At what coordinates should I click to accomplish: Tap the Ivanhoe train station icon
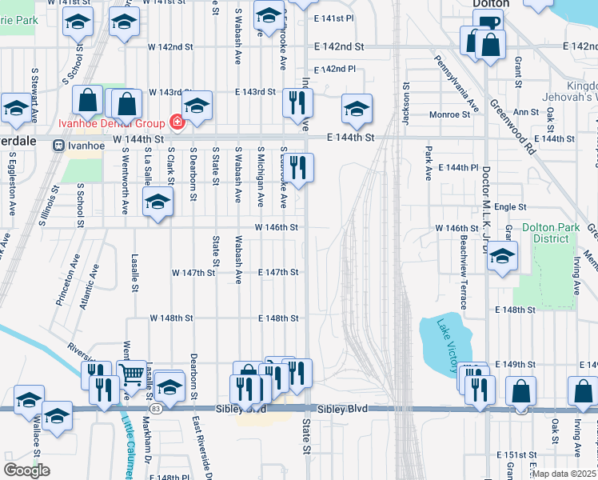click(x=58, y=145)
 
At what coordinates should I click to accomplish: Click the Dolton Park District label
click(x=550, y=233)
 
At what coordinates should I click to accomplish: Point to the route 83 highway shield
click(x=155, y=409)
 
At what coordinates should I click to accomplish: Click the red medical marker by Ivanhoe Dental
click(x=176, y=123)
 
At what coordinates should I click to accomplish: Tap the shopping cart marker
click(x=132, y=373)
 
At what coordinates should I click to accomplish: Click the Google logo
click(x=26, y=470)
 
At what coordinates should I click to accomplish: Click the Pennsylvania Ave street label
click(x=456, y=82)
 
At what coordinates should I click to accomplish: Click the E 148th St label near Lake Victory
click(x=514, y=310)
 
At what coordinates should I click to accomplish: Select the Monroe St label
click(x=449, y=115)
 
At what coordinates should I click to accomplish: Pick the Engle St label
click(x=510, y=206)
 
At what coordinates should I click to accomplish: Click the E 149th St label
click(x=515, y=364)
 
